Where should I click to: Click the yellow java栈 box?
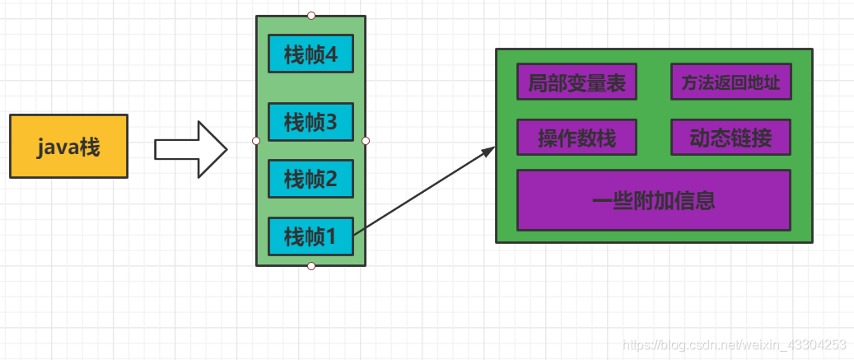(x=68, y=147)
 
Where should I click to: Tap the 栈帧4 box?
(x=310, y=54)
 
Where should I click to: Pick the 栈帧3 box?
(x=310, y=122)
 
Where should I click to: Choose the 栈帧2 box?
(x=310, y=178)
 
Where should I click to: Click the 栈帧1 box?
(x=310, y=236)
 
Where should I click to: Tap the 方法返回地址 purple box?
(x=730, y=82)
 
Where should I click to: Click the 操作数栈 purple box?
(x=576, y=138)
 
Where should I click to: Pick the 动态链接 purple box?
(x=730, y=138)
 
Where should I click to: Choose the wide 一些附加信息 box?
(x=653, y=200)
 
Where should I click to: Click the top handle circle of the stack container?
(x=311, y=16)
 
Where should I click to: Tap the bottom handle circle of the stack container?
(x=311, y=266)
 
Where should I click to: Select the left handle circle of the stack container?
(x=256, y=141)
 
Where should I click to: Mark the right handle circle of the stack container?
(x=366, y=141)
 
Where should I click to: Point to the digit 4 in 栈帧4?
(x=331, y=55)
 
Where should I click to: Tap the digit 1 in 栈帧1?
(x=331, y=237)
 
